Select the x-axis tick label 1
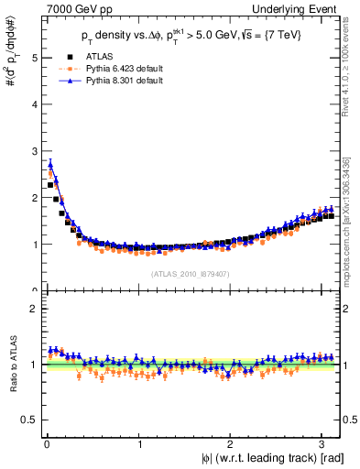[139, 443]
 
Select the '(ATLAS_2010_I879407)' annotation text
[190, 273]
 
